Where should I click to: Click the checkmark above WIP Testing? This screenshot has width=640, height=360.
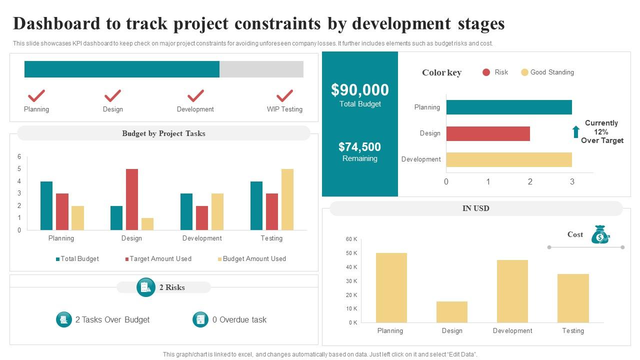pos(284,95)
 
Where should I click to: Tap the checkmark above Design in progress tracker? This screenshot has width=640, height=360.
pos(112,95)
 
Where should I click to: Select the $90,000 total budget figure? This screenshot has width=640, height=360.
pos(360,90)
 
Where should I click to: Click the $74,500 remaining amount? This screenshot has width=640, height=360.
pos(360,147)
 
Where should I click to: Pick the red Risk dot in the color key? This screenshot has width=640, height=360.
pos(486,72)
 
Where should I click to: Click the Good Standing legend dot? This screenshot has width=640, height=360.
pos(524,72)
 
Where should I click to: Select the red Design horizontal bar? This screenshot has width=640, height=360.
pos(487,133)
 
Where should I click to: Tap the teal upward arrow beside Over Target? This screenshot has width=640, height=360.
pos(576,132)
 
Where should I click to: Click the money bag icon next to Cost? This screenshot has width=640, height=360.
pos(600,234)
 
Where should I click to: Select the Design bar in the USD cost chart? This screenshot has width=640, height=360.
pos(452,312)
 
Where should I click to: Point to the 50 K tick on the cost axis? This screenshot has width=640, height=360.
pos(351,253)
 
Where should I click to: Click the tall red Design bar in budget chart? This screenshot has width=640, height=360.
pos(132,199)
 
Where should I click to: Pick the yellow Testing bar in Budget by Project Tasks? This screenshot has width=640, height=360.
pos(287,199)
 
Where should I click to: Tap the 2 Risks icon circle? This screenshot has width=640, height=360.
pos(145,287)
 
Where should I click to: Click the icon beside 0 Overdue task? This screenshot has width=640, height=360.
pos(200,319)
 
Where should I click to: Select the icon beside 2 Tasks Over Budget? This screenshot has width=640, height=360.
pos(64,319)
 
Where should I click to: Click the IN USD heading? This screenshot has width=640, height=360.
pos(476,208)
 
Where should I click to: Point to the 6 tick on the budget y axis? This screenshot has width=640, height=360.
pos(19,157)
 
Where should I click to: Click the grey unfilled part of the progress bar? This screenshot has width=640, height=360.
pos(261,69)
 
